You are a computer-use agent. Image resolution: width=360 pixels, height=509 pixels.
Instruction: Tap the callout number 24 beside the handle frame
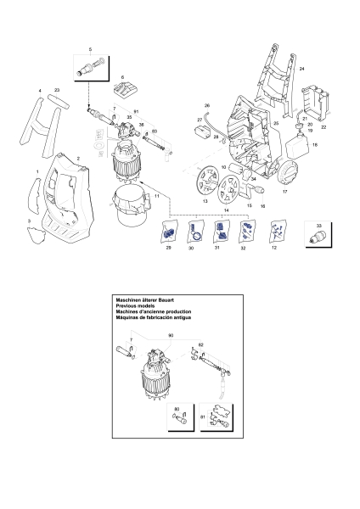pos(301,67)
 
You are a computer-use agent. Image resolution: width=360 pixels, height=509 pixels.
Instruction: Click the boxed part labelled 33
pos(318,232)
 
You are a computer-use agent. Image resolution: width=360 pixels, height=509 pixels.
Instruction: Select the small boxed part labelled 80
pos(183,421)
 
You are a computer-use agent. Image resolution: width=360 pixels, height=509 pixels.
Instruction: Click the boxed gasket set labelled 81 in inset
pos(219,421)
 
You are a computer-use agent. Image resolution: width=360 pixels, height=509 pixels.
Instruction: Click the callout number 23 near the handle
pos(57,89)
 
